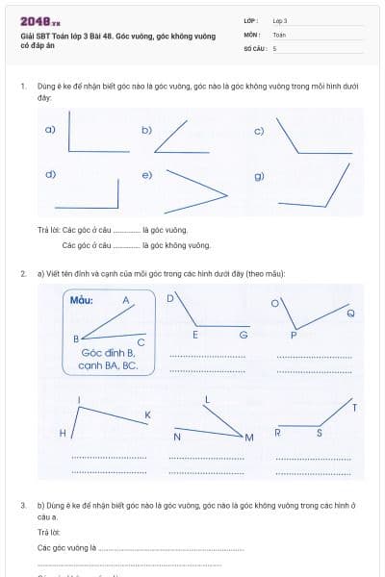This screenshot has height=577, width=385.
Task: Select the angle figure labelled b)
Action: point(183,139)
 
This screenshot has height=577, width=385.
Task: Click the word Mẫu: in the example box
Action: point(82,300)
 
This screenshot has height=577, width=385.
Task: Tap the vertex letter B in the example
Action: point(76,339)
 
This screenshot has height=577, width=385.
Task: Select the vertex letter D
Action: point(170,298)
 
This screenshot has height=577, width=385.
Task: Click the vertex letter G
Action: point(244,335)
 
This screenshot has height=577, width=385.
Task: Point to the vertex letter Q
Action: point(349,314)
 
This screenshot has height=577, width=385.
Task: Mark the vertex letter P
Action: point(294,335)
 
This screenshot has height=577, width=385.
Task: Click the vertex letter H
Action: point(63,434)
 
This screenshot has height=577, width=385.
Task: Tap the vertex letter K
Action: point(147,414)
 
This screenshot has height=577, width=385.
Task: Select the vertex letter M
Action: point(248,439)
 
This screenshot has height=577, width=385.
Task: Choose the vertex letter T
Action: point(354,408)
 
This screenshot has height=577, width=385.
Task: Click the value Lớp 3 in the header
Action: point(280,20)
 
